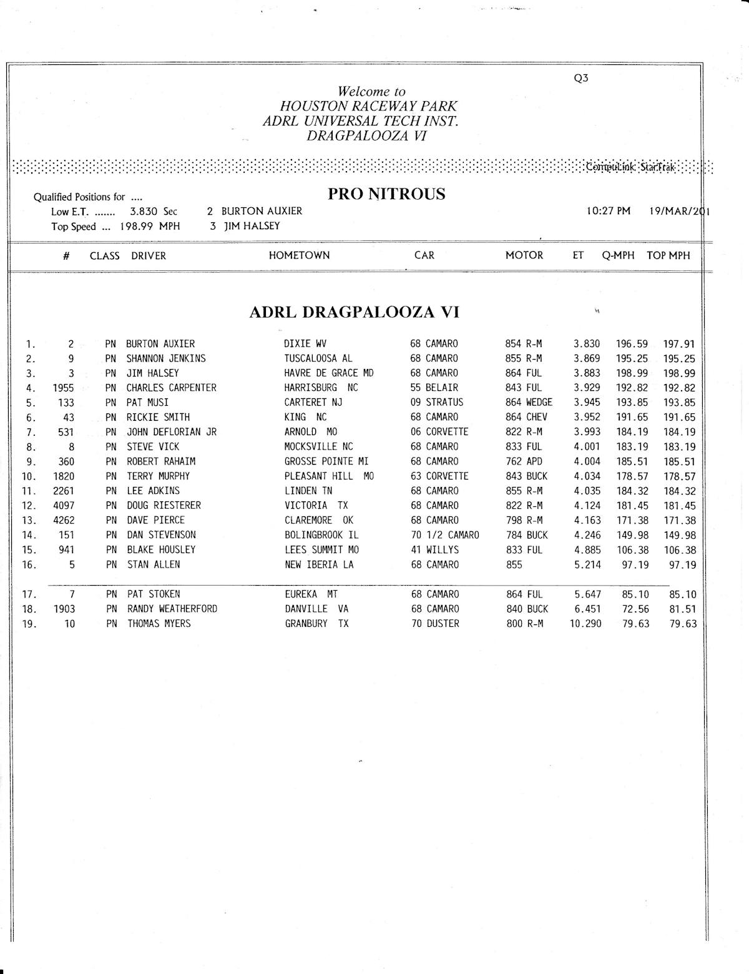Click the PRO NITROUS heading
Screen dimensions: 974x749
[x=386, y=194]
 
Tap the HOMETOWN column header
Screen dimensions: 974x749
[x=299, y=255]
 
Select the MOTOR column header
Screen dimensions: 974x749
[x=524, y=255]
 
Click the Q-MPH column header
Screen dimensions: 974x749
[x=618, y=255]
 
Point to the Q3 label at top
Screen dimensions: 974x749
[x=580, y=79]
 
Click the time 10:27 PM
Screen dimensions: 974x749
[x=609, y=211]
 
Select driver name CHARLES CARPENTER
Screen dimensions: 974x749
[x=171, y=388]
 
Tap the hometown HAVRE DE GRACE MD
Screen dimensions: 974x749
[x=329, y=373]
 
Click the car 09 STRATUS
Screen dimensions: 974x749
[x=437, y=402]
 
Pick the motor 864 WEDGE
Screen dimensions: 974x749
[x=529, y=402]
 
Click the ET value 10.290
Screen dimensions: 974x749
[x=585, y=624]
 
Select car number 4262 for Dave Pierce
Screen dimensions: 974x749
[x=64, y=520]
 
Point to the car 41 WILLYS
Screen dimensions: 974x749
[x=435, y=550]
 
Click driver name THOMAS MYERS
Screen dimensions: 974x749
[x=159, y=624]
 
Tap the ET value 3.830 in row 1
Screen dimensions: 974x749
[x=587, y=344]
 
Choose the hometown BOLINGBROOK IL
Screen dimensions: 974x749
[x=321, y=535]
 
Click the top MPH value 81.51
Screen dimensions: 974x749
[x=683, y=609]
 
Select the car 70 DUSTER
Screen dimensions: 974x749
[x=435, y=624]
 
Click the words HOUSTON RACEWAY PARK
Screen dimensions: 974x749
[x=368, y=107]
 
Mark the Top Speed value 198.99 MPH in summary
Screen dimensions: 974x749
[x=150, y=227]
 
